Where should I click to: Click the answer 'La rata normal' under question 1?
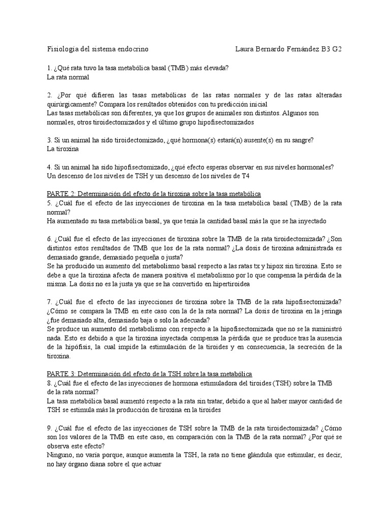[x=68, y=77]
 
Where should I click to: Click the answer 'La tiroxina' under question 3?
[x=62, y=149]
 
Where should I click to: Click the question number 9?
[x=49, y=428]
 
